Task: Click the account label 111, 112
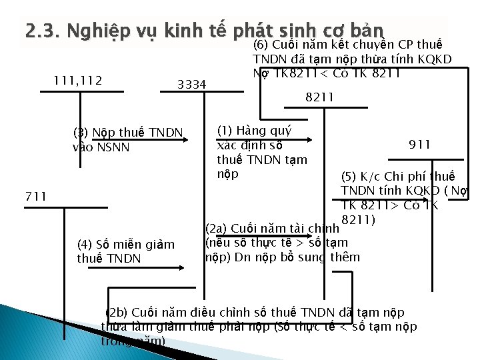pyautogui.click(x=77, y=81)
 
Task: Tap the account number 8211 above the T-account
pyautogui.click(x=319, y=98)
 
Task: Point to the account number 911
pyautogui.click(x=419, y=144)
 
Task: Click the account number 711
pyautogui.click(x=35, y=196)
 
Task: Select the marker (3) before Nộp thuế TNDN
pyautogui.click(x=81, y=131)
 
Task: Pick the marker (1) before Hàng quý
pyautogui.click(x=225, y=131)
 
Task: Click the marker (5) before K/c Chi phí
pyautogui.click(x=349, y=177)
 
